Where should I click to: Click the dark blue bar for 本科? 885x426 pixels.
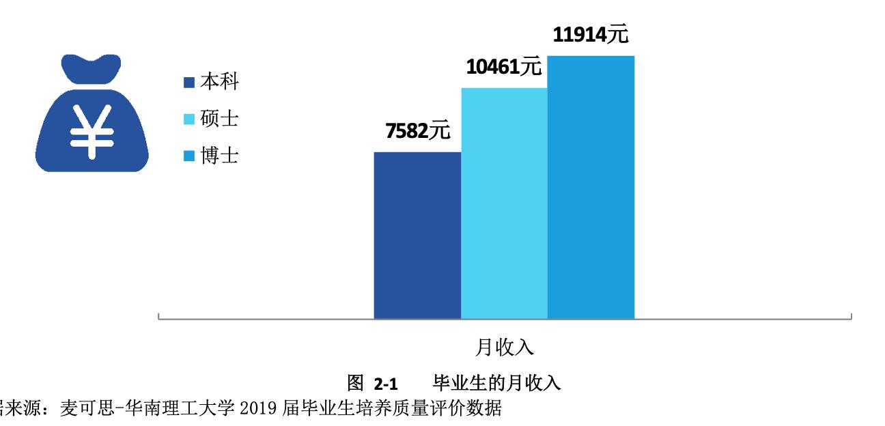(417, 235)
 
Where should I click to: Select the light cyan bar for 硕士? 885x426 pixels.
(504, 203)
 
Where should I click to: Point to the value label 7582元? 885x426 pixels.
(418, 131)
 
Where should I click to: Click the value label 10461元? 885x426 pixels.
(503, 67)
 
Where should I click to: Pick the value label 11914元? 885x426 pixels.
(590, 35)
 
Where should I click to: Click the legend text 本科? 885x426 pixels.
(219, 83)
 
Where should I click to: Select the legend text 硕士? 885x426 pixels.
(219, 119)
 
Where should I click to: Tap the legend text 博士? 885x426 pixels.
(219, 156)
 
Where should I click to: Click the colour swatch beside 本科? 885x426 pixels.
(190, 83)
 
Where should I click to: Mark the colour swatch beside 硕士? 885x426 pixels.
(190, 119)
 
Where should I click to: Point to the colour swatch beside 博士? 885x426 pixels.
(190, 156)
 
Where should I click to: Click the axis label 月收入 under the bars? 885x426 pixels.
(504, 347)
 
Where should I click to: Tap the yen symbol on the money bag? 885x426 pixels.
(91, 133)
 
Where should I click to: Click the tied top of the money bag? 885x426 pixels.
(91, 67)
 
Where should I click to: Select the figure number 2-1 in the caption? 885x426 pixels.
(386, 382)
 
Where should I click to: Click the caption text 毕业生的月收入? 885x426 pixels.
(496, 382)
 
